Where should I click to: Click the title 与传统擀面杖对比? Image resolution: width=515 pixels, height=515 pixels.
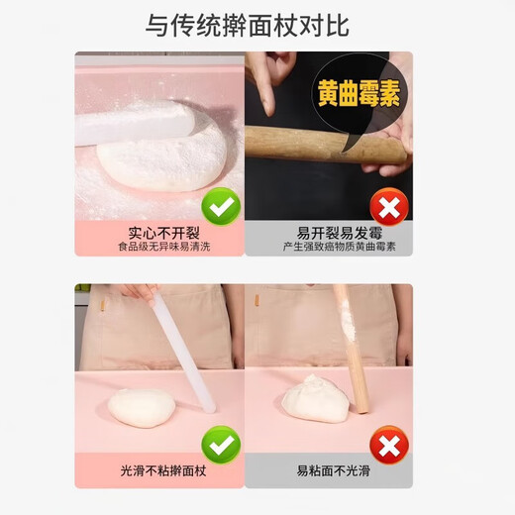pos(248,25)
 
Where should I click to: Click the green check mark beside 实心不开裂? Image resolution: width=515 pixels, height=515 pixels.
pos(221,207)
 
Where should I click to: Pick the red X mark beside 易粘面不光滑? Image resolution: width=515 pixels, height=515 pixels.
pos(389,445)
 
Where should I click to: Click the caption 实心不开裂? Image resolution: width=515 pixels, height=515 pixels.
pos(158,232)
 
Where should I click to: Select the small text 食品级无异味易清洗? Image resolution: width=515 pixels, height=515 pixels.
pos(158,246)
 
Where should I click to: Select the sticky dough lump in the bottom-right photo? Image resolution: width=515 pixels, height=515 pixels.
pos(314,398)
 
